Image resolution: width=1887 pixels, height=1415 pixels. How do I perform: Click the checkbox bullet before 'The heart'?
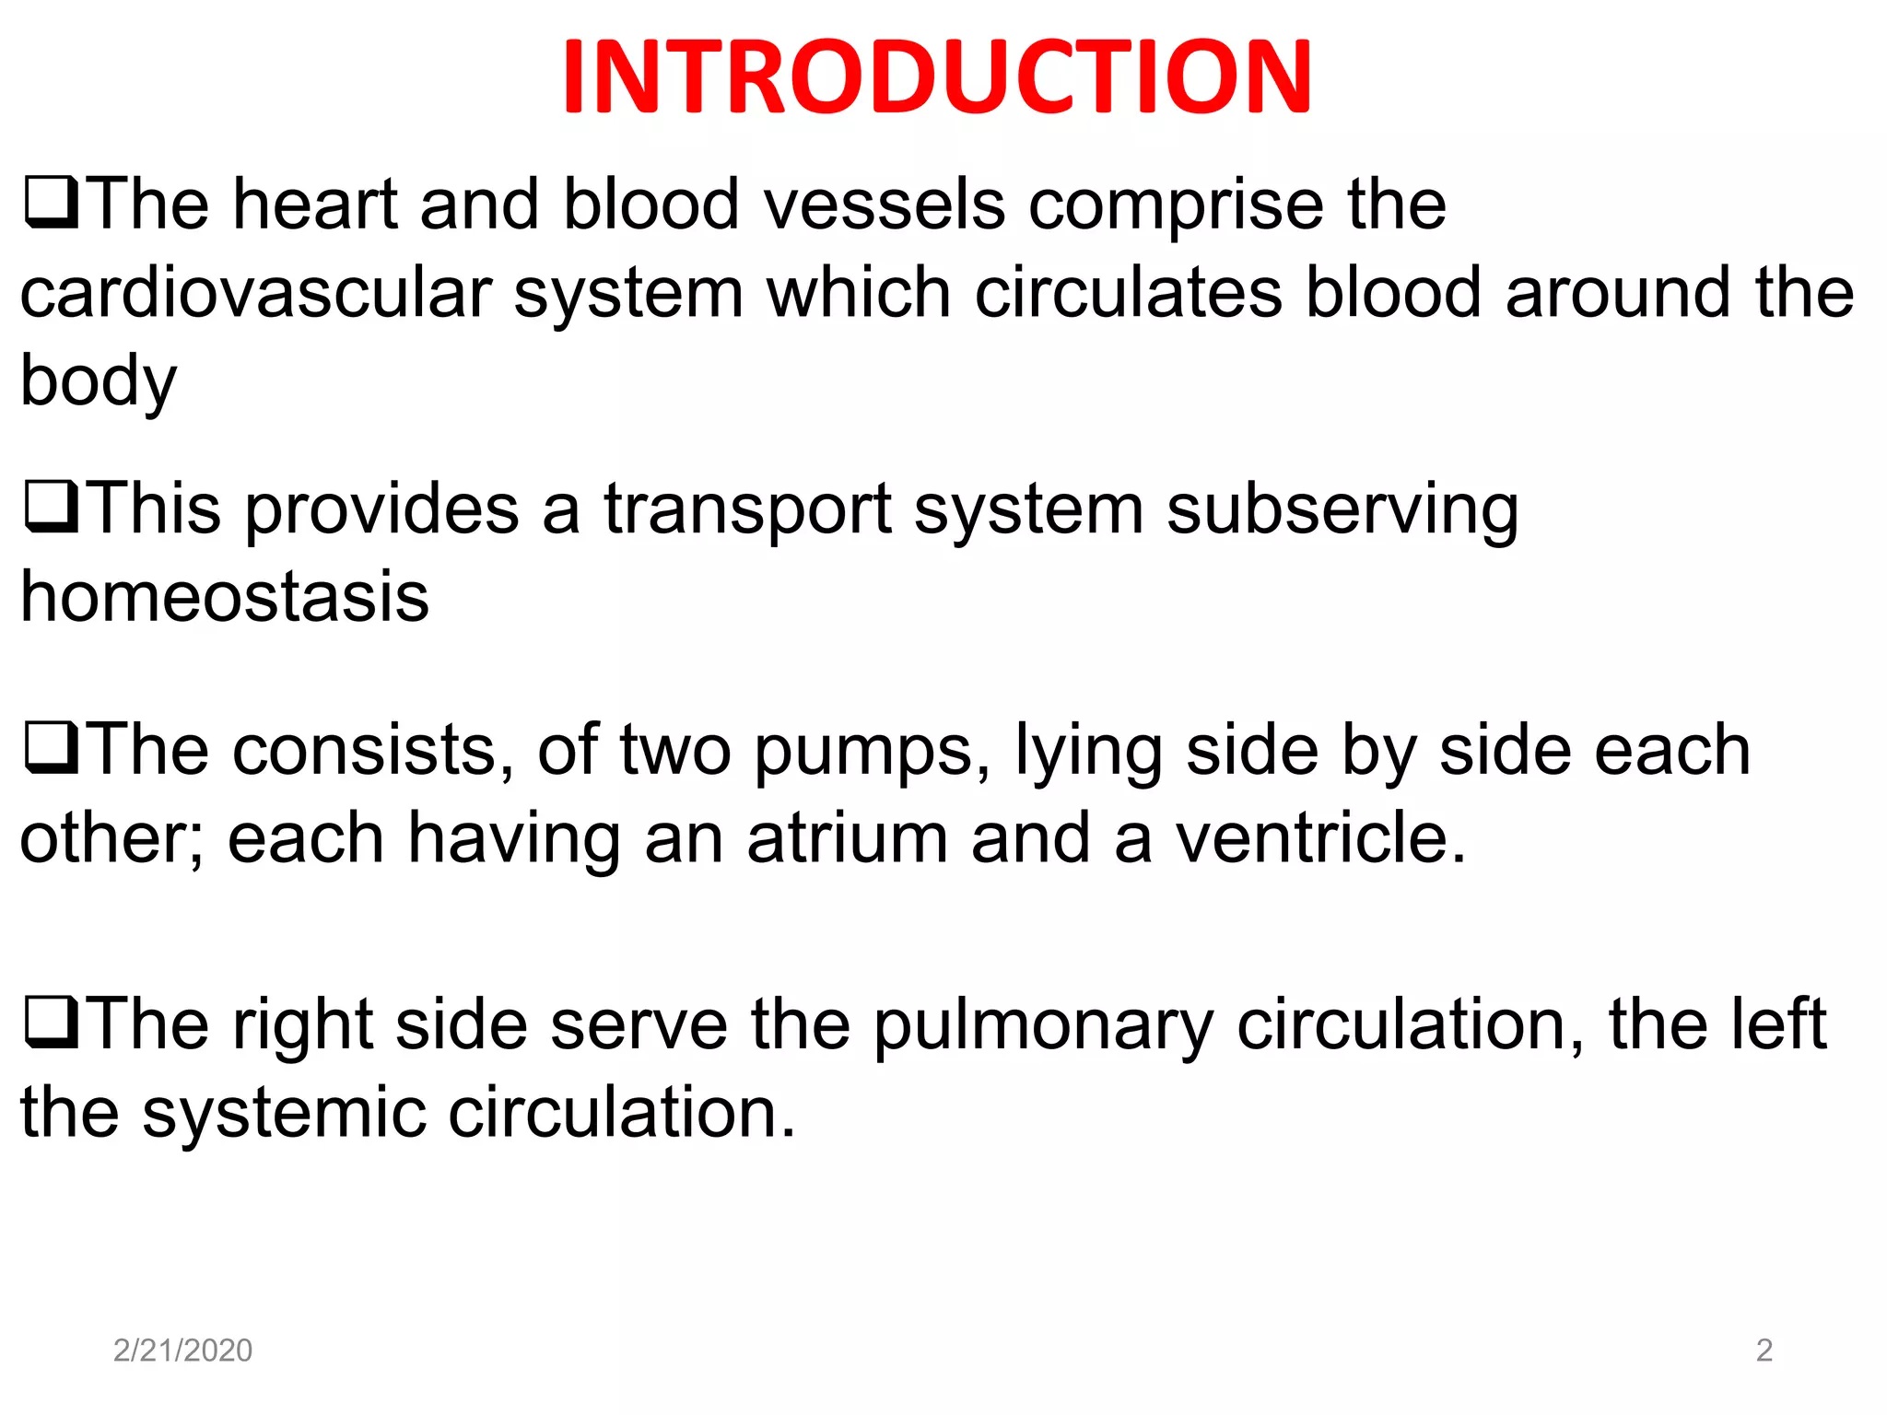click(x=51, y=203)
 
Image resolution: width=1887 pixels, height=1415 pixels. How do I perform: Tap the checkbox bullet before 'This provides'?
click(x=51, y=508)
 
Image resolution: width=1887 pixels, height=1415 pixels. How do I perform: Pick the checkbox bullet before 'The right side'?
click(x=51, y=1023)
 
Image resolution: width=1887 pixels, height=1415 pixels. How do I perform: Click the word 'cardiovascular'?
click(x=256, y=293)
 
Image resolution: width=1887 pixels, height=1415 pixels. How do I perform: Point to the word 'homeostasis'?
click(x=225, y=597)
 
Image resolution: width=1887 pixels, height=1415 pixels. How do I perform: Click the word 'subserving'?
click(x=1342, y=509)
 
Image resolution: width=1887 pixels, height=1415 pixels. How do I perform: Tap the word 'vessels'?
click(x=885, y=204)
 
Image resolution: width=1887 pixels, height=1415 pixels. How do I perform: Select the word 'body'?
click(x=99, y=381)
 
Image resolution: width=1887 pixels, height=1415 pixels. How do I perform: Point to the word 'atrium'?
click(x=847, y=838)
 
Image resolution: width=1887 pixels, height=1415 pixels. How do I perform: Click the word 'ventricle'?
click(x=1319, y=838)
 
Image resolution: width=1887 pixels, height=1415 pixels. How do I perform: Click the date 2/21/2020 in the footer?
click(x=182, y=1350)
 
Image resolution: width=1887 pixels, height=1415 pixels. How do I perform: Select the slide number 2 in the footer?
click(x=1764, y=1350)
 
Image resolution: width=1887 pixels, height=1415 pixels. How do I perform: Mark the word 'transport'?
click(x=747, y=509)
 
